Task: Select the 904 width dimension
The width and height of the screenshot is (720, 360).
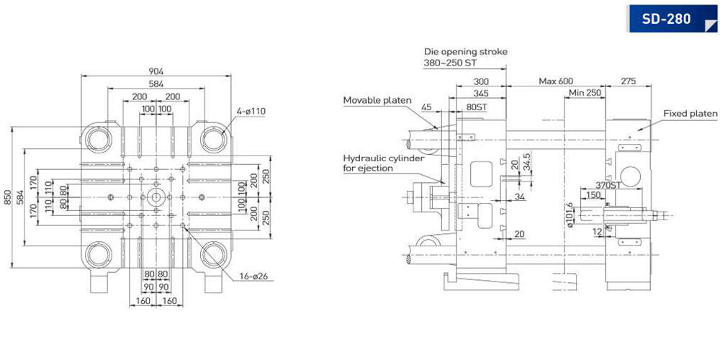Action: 156,71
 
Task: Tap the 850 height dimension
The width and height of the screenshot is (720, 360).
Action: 6,197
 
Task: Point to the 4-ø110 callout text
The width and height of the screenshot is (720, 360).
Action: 251,111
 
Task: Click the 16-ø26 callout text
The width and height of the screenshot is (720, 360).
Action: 253,276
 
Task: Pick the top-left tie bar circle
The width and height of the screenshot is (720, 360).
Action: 99,139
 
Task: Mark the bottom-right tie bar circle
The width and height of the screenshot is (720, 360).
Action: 214,255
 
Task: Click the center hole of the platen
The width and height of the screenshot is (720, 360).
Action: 156,197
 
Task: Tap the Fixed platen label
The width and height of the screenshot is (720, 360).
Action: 690,113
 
